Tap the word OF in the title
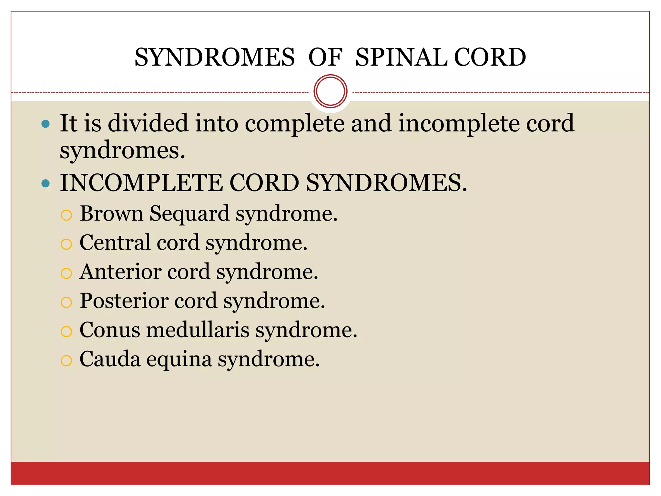click(325, 57)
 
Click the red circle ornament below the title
click(330, 91)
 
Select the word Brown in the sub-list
click(111, 213)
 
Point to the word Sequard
click(189, 214)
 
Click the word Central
click(115, 243)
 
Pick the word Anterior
click(120, 272)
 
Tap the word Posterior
click(124, 301)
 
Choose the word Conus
click(110, 330)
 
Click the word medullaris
click(198, 330)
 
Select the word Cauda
click(110, 359)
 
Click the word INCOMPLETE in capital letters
click(141, 183)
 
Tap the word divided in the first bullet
click(148, 123)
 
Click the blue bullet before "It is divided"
click(46, 124)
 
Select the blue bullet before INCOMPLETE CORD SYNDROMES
click(46, 184)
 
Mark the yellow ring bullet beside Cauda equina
click(66, 360)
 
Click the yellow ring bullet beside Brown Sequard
click(66, 215)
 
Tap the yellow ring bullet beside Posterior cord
click(66, 302)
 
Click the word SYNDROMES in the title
click(215, 57)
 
